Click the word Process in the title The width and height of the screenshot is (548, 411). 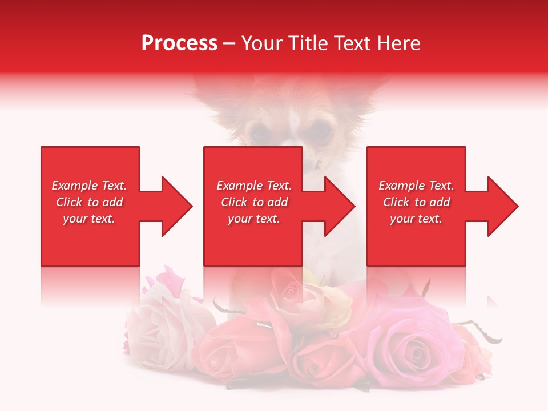(x=179, y=43)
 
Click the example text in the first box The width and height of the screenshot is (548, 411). (x=89, y=202)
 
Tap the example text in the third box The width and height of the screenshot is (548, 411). (x=416, y=202)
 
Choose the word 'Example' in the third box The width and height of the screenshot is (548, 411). (x=401, y=186)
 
